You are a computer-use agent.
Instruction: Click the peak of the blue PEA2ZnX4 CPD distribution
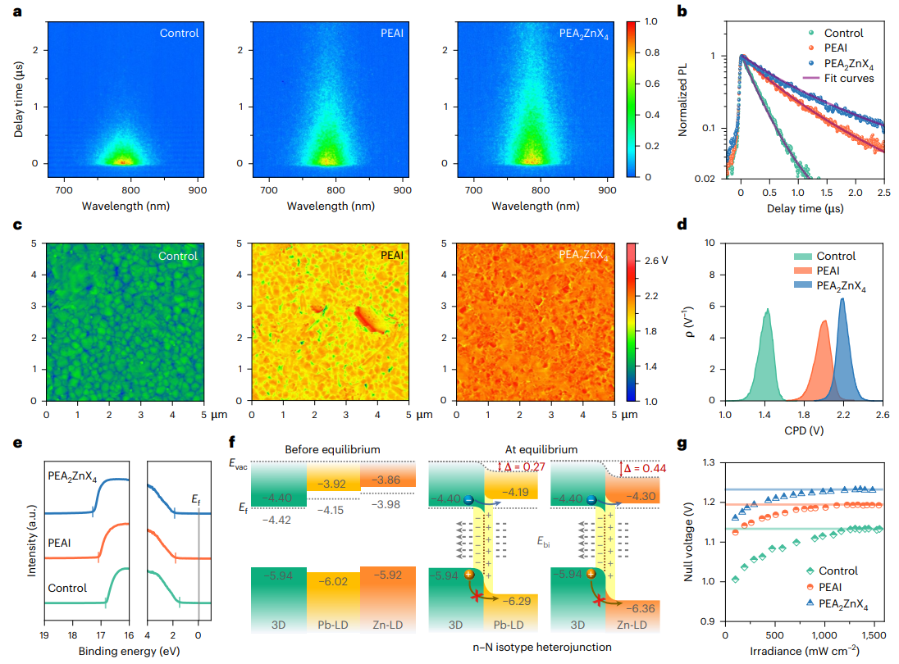click(x=842, y=299)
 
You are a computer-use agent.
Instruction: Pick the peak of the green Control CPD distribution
click(x=768, y=310)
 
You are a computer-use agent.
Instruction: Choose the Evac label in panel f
click(x=239, y=464)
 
